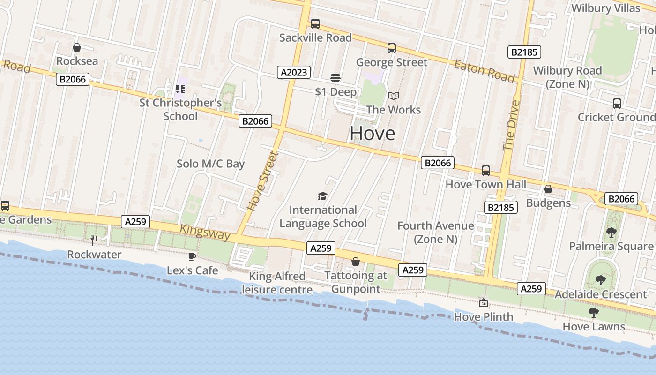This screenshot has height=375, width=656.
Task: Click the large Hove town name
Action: click(373, 134)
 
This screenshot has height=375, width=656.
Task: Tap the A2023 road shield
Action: click(294, 72)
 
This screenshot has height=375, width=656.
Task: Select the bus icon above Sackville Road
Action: click(315, 23)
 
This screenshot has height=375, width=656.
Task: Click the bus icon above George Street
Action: click(392, 48)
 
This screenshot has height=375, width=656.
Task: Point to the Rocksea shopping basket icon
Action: click(77, 47)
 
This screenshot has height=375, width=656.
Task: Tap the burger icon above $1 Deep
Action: click(335, 77)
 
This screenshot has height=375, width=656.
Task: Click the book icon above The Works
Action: click(394, 96)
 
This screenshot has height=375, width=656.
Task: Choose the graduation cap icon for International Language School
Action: click(322, 196)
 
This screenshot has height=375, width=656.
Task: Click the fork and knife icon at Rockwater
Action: click(94, 240)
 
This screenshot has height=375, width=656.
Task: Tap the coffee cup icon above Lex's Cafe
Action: click(192, 256)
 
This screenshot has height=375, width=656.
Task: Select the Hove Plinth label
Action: click(484, 317)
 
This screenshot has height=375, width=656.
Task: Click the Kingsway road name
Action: click(205, 232)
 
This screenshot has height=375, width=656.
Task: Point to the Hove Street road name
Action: click(263, 181)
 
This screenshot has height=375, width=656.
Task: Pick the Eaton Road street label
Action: click(484, 71)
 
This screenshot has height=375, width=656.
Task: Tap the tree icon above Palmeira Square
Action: click(611, 232)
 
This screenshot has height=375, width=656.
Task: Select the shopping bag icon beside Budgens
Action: click(548, 189)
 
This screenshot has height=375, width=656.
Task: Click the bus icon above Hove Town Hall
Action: click(486, 171)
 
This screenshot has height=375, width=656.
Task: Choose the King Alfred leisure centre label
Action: click(277, 283)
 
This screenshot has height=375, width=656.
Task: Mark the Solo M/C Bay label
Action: click(210, 164)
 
